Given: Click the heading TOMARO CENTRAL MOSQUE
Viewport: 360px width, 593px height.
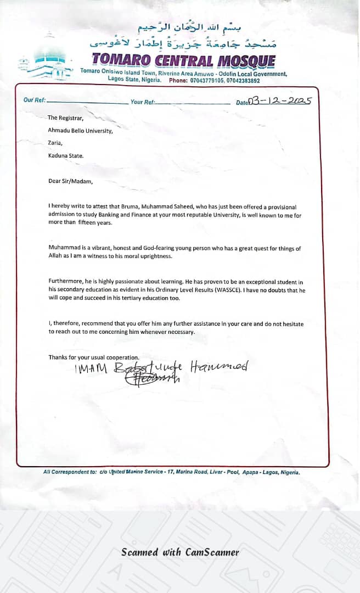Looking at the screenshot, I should click(x=183, y=60).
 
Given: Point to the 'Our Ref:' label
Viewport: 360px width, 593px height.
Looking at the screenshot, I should click(x=34, y=100).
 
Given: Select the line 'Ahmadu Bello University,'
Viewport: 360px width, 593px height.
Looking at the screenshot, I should click(x=80, y=131).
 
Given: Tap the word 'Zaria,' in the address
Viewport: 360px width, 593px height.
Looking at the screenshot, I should click(x=55, y=143).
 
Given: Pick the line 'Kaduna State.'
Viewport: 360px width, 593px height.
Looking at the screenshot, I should click(x=66, y=155).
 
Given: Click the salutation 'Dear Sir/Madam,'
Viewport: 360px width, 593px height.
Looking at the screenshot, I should click(x=71, y=181).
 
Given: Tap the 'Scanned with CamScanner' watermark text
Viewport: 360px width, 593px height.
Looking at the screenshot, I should click(x=180, y=552).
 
